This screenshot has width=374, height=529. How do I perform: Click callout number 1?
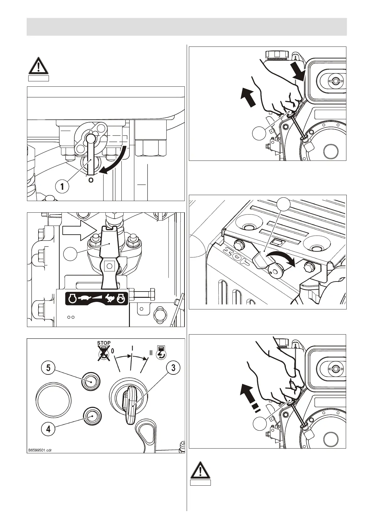[62, 187]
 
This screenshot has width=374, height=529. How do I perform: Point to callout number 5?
[48, 367]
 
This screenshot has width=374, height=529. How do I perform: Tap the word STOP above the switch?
[104, 343]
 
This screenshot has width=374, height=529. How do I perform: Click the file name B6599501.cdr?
[40, 450]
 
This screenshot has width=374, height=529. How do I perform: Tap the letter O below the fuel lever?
[91, 181]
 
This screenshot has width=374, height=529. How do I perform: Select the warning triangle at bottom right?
[200, 471]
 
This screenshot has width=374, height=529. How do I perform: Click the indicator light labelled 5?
[91, 381]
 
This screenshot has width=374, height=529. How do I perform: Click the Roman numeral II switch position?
[151, 353]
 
